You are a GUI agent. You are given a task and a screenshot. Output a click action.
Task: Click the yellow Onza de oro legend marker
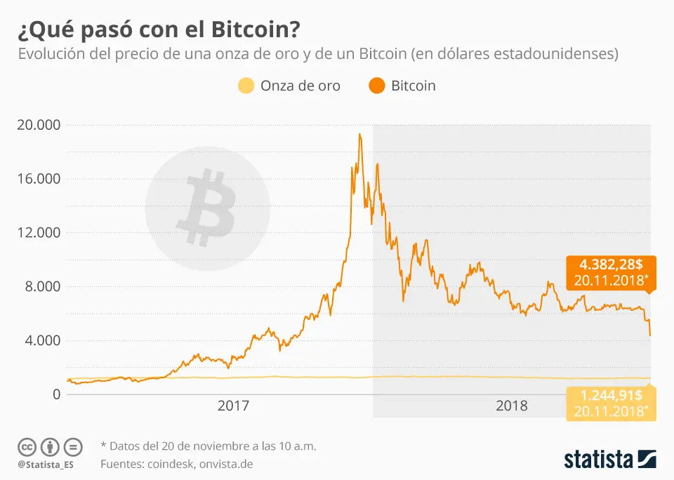click(245, 86)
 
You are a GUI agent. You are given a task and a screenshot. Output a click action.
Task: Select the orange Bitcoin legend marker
click(376, 86)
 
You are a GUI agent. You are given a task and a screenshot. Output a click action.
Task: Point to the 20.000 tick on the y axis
click(39, 125)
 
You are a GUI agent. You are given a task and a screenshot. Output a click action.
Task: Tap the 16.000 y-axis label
click(39, 179)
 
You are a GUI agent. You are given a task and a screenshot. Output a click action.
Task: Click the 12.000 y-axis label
click(39, 233)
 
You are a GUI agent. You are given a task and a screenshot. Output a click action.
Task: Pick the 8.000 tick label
click(42, 287)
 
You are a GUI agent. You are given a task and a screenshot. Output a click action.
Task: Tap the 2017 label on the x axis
click(234, 406)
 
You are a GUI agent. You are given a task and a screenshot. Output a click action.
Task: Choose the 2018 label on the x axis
click(512, 406)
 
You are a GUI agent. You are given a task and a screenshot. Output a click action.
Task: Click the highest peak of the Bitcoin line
click(360, 134)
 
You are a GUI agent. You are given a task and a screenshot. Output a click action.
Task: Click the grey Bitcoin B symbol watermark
click(207, 208)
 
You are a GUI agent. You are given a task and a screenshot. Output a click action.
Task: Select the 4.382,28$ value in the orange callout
click(611, 266)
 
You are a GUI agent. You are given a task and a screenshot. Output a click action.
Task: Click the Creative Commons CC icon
click(27, 446)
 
